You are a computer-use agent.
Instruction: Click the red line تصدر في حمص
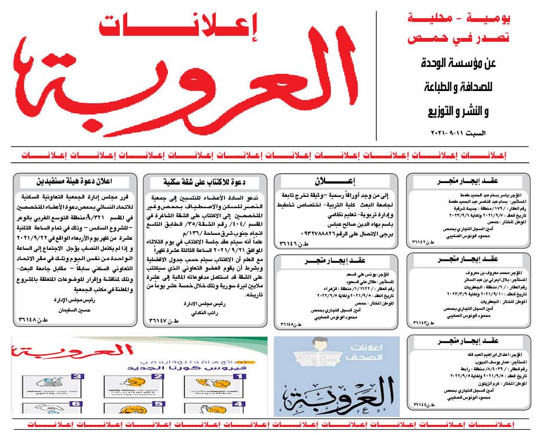tap(458, 39)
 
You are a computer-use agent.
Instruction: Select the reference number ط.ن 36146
tap(291, 243)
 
